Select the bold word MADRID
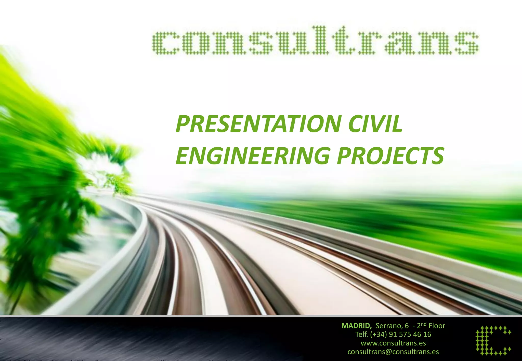click(x=356, y=326)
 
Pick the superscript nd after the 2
click(x=424, y=324)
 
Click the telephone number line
click(x=393, y=334)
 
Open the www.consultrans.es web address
click(x=393, y=343)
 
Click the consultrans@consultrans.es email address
click(x=393, y=352)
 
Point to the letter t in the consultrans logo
click(x=343, y=41)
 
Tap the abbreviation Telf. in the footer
click(x=362, y=334)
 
